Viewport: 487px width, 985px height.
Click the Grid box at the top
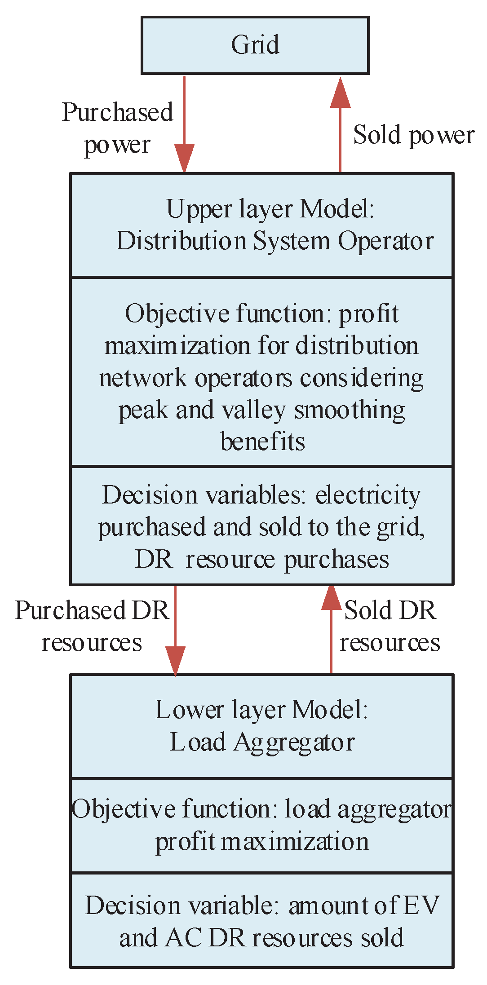point(255,45)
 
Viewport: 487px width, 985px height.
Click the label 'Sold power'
point(413,135)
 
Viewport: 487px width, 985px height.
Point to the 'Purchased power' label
point(117,128)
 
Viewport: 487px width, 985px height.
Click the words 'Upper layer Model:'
point(270,209)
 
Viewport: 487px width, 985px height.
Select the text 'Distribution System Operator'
point(275,241)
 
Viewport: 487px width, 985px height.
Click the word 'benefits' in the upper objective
point(263,442)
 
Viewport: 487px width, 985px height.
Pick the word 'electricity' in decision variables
point(368,495)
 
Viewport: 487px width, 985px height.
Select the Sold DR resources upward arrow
point(332,629)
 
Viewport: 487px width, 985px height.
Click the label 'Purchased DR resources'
point(92,626)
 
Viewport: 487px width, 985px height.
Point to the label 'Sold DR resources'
point(390,626)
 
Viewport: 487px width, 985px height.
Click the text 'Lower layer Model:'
point(261,710)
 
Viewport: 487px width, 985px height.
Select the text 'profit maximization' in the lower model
point(262,841)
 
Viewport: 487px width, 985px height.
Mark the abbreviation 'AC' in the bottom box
point(184,938)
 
